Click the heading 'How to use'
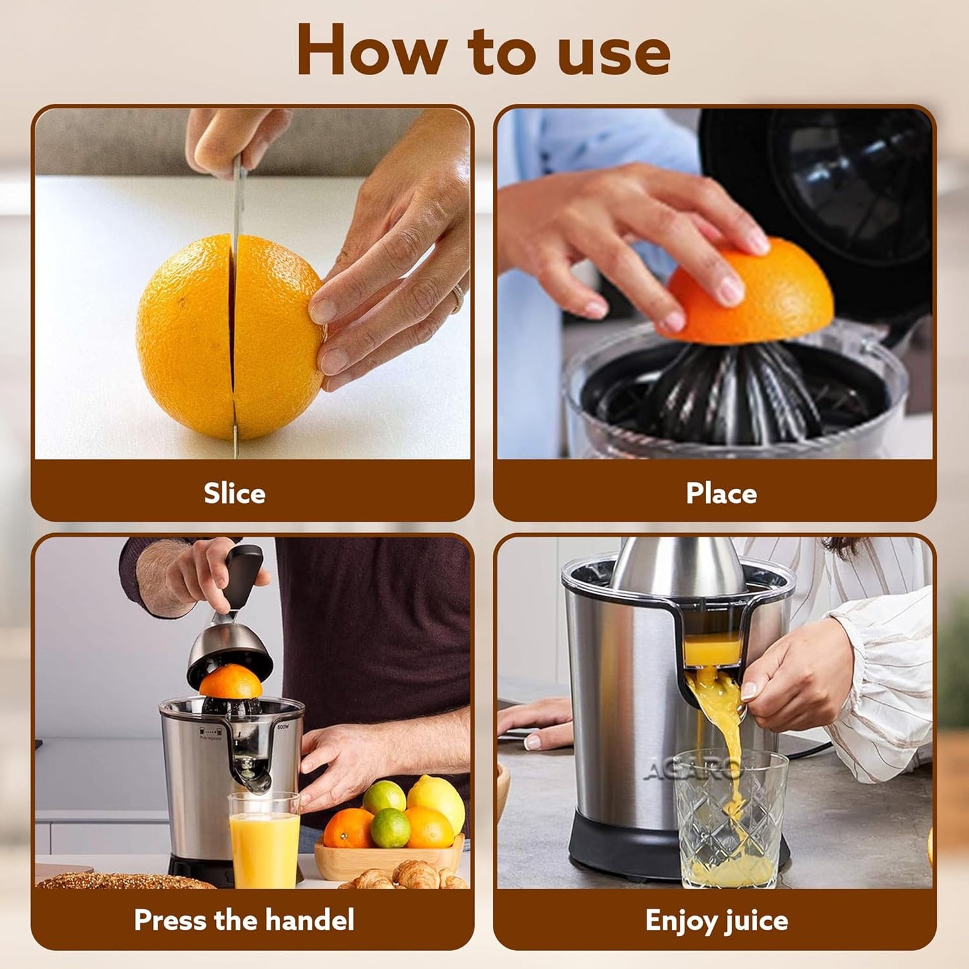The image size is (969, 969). point(483,51)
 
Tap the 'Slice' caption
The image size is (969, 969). point(235,494)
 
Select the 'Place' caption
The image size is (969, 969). point(721,494)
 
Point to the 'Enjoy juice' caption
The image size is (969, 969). point(716,920)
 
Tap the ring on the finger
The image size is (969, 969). point(457,297)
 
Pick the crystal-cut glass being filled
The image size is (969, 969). point(731,818)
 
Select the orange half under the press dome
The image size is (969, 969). point(230,683)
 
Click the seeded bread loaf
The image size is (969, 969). point(121,880)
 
